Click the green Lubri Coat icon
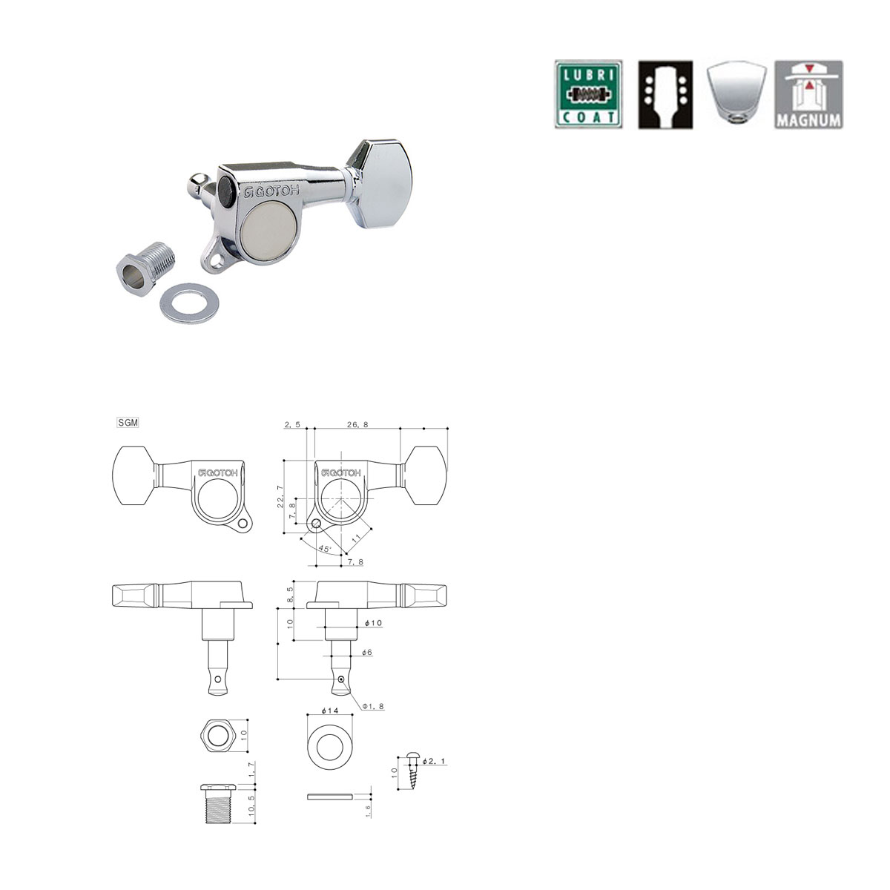(588, 94)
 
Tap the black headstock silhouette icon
(665, 94)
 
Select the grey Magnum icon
(808, 94)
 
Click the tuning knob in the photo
(380, 184)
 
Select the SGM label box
(128, 423)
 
